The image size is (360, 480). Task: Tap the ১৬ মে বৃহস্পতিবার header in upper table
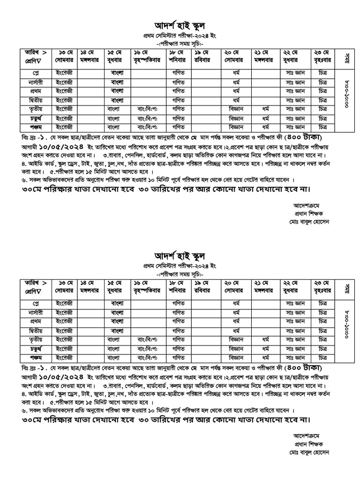(x=148, y=57)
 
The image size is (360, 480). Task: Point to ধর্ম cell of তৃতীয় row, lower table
(x=265, y=339)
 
